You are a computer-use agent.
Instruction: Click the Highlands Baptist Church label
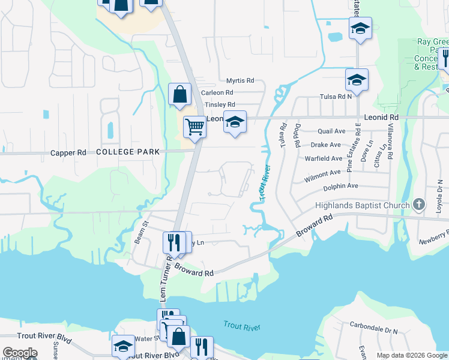tap(362, 205)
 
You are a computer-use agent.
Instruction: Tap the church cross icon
tap(419, 205)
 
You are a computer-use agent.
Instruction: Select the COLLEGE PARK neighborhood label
tap(128, 152)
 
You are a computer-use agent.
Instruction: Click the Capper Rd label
tap(68, 153)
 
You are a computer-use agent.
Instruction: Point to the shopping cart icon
tap(194, 127)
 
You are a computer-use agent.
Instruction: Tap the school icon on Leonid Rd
tap(235, 121)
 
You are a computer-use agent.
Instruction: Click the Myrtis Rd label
tap(240, 80)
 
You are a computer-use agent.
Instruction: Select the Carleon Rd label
tap(217, 93)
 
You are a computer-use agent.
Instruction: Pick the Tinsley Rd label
tap(219, 104)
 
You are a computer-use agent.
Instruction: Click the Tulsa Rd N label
tap(335, 97)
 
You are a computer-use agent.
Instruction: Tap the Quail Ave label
tap(331, 131)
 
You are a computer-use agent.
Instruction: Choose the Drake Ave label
tap(326, 145)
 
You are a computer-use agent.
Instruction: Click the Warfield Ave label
tap(324, 159)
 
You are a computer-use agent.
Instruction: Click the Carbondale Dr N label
tap(374, 331)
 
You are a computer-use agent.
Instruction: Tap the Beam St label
tap(145, 232)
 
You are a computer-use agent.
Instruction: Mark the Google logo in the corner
tap(19, 353)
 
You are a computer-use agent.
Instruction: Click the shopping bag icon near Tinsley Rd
tap(179, 94)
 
